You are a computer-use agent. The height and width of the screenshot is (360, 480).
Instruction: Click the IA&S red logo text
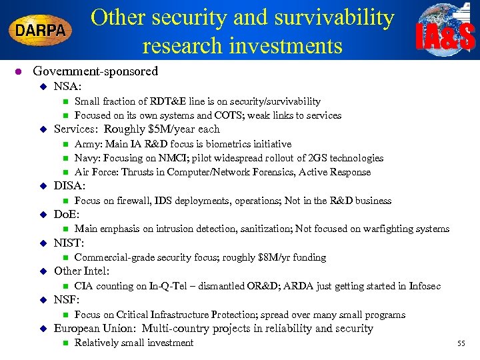pos(445,37)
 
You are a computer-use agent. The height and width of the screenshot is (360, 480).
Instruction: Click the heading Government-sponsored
pos(95,71)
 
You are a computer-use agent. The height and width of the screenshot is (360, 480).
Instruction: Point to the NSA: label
pos(67,86)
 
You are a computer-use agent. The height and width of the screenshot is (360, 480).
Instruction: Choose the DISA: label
pos(69,186)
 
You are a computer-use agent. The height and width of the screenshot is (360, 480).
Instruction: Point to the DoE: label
pos(67,215)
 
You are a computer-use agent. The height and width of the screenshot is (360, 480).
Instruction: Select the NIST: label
pos(69,243)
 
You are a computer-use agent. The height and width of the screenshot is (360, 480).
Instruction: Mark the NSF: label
pos(67,300)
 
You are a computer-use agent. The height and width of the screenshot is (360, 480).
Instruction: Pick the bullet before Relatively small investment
pos(65,343)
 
